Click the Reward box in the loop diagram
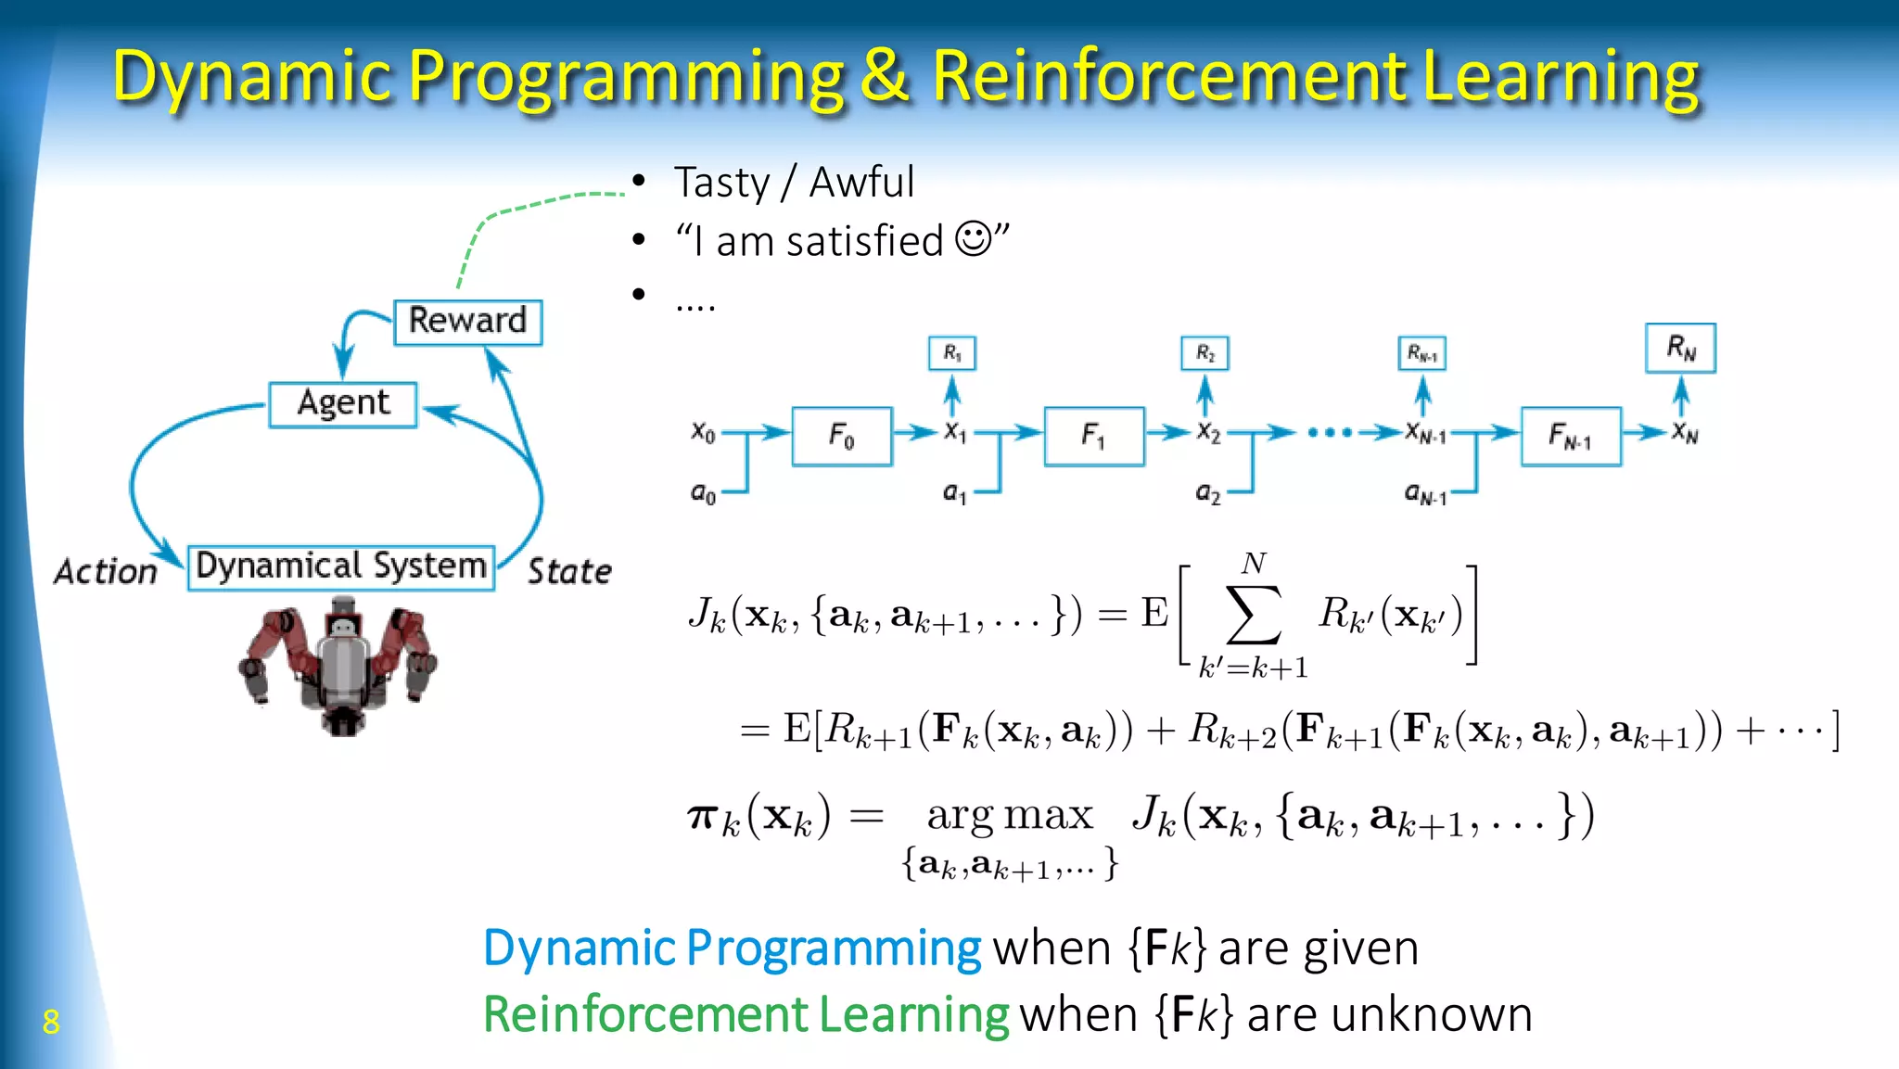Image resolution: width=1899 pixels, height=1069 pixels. (467, 322)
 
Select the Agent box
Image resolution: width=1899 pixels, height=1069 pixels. (342, 404)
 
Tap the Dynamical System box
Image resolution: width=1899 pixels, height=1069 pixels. (340, 567)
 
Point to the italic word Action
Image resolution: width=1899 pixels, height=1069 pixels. (106, 571)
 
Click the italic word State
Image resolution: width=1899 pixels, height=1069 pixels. (569, 571)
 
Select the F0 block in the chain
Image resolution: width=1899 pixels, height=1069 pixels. (841, 436)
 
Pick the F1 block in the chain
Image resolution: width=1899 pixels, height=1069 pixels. (1093, 436)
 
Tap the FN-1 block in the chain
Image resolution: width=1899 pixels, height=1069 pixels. (1570, 436)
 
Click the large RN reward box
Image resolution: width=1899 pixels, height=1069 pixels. (1680, 349)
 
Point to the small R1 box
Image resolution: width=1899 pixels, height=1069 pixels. (951, 353)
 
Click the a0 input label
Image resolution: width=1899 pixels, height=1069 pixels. (703, 493)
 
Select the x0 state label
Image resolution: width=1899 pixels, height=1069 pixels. (703, 432)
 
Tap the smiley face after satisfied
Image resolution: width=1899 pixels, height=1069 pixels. (973, 239)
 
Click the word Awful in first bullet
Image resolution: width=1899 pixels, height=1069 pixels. (861, 183)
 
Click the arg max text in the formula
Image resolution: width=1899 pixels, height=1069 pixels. (1010, 816)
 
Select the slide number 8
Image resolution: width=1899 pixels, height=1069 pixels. (51, 1022)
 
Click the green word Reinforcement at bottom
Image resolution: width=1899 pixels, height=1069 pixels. (645, 1014)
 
